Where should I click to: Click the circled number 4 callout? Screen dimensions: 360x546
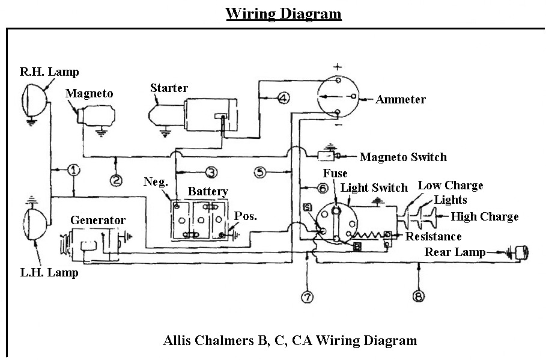click(x=284, y=98)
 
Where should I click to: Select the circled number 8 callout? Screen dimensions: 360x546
click(x=418, y=296)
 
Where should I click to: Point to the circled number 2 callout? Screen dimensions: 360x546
click(x=116, y=178)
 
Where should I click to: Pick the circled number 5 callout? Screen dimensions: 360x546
click(x=260, y=172)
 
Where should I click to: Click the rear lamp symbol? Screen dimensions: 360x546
click(x=520, y=253)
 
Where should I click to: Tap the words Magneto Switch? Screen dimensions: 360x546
click(x=403, y=157)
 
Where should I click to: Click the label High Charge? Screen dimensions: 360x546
click(x=484, y=217)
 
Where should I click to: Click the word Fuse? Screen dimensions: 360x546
click(x=335, y=174)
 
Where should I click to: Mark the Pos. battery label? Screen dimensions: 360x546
click(x=246, y=216)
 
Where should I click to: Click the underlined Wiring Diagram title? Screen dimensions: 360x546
click(x=284, y=14)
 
